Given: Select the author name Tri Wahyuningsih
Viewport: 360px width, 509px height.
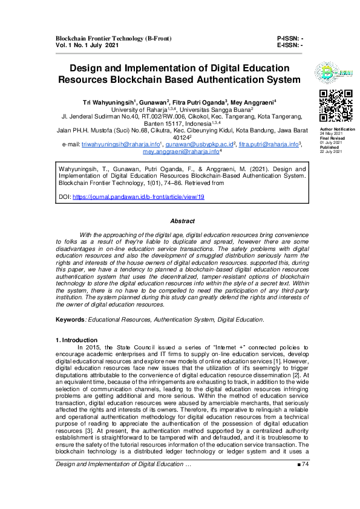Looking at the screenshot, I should click(109, 102).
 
